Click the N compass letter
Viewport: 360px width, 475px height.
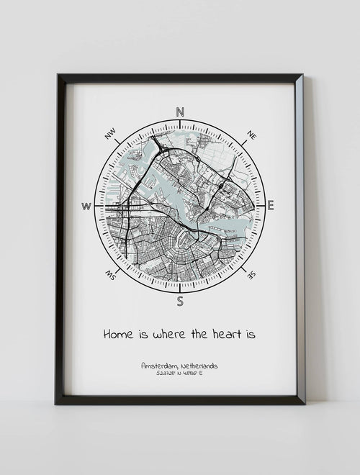tap(180, 112)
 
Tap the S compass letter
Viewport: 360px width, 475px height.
tap(180, 301)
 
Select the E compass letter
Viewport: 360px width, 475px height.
tap(271, 206)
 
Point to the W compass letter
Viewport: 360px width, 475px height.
tap(86, 207)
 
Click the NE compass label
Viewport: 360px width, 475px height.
tap(251, 135)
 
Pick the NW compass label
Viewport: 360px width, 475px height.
tap(110, 134)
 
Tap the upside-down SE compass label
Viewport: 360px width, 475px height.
tap(251, 274)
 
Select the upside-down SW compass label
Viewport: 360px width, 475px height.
tap(111, 275)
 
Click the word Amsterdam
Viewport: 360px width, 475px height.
tap(159, 366)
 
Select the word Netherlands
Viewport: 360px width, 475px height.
tap(199, 366)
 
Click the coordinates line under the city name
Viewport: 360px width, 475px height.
tap(180, 374)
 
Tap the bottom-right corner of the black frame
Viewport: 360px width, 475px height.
tap(304, 403)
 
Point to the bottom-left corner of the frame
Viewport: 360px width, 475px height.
tap(55, 403)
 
